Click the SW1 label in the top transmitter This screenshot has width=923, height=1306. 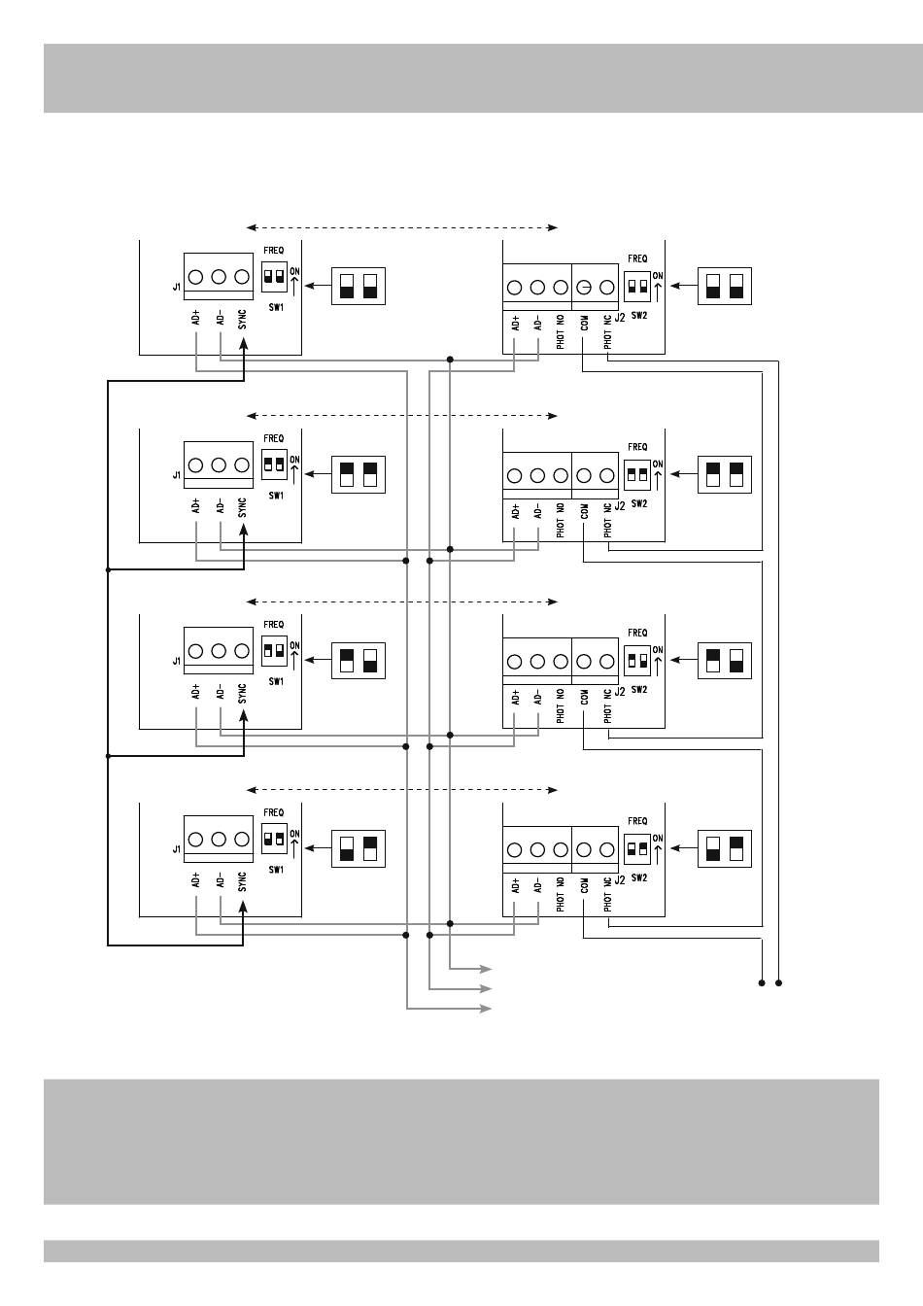[x=276, y=307]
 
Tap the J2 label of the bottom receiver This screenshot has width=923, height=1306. [x=620, y=879]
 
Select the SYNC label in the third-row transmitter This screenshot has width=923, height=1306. [x=243, y=694]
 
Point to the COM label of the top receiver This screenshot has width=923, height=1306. [x=584, y=323]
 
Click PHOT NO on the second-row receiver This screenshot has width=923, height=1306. [x=561, y=520]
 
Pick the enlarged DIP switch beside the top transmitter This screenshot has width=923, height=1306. [x=358, y=286]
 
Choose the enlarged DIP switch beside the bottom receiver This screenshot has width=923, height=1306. [x=725, y=848]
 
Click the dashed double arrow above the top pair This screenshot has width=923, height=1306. [x=402, y=227]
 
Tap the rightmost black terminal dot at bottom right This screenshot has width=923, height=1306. [x=778, y=983]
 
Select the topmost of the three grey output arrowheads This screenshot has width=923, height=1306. [x=485, y=969]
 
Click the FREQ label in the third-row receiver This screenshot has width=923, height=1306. [x=637, y=633]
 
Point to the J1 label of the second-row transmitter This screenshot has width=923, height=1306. [x=177, y=475]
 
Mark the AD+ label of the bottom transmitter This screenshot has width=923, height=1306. [x=196, y=879]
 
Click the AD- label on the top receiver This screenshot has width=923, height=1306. [x=537, y=323]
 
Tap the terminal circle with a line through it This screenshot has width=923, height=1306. [x=584, y=287]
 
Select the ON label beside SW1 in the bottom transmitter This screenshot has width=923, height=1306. [x=295, y=833]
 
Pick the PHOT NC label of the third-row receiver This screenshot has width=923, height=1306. [x=607, y=706]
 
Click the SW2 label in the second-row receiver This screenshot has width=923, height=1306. [x=639, y=503]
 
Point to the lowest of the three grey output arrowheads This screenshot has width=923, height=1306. [x=485, y=1008]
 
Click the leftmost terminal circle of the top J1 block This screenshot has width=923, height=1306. [x=196, y=277]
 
